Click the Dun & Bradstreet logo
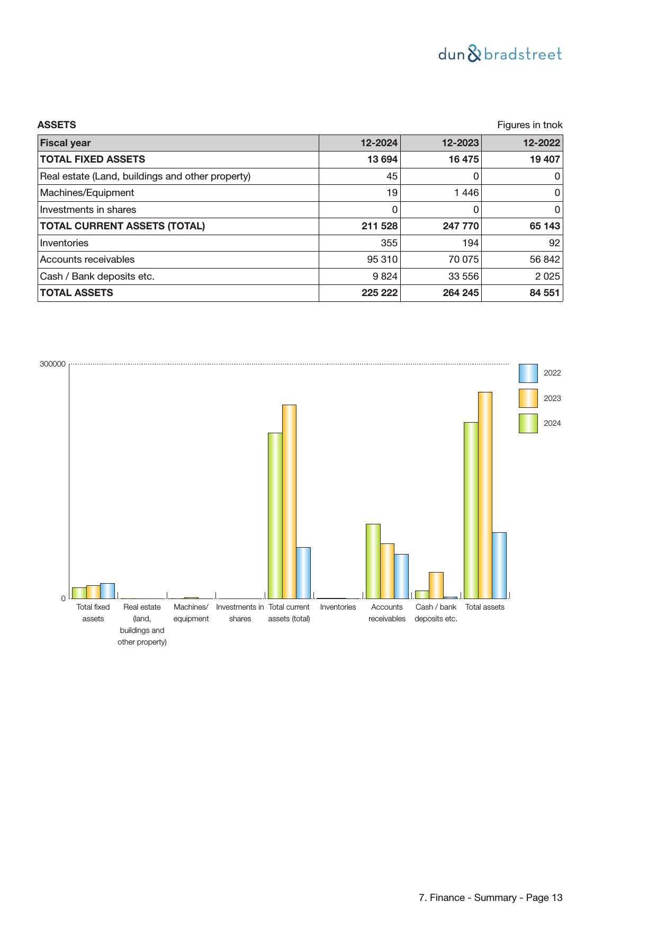pos(500,54)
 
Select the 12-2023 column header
pos(460,143)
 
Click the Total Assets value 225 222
pos(379,293)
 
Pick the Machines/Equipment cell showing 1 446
pos(466,193)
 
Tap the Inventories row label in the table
pos(64,243)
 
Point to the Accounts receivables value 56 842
pos(544,260)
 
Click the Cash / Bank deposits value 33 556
pos(463,276)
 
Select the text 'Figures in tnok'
pos(529,125)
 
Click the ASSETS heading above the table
pos(57,125)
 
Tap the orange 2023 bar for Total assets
pos(485,495)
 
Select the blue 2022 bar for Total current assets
pos(303,573)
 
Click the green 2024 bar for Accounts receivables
pos(373,561)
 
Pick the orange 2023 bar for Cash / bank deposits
pos(436,585)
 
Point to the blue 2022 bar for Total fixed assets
pos(107,591)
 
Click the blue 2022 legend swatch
pos(528,373)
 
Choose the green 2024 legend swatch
pos(528,423)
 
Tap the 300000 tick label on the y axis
pos(52,364)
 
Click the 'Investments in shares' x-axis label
pos(240,613)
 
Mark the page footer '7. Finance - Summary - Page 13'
pos(490,897)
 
